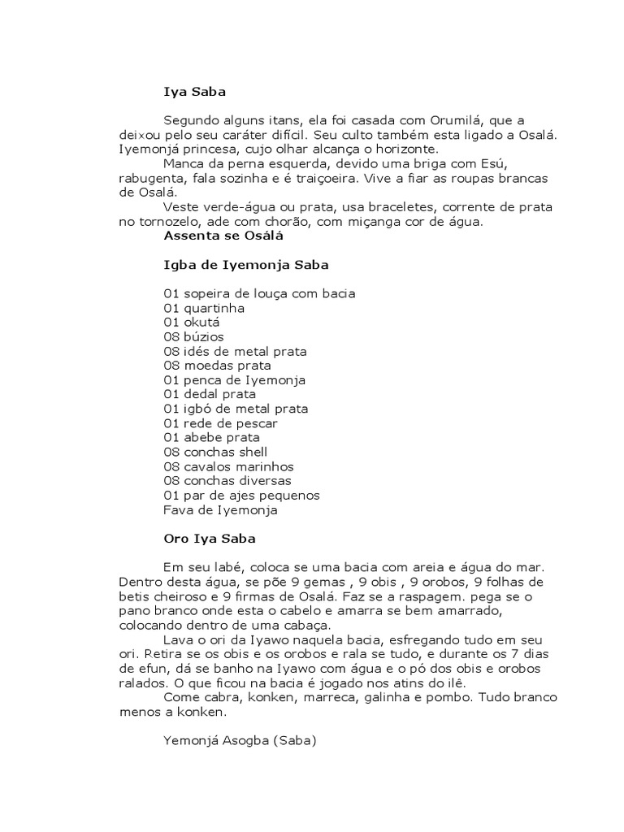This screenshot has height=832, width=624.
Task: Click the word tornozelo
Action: coord(157,222)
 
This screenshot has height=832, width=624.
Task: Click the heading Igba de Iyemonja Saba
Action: coord(245,265)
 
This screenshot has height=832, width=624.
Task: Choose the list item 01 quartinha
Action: coord(204,308)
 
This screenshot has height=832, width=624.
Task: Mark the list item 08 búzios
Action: coord(193,336)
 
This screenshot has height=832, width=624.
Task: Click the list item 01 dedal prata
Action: coord(210,394)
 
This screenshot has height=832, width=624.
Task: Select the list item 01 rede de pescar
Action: coord(220,423)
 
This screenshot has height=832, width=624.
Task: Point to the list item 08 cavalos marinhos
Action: coord(228,466)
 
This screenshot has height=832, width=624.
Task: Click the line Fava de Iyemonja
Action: coord(220,510)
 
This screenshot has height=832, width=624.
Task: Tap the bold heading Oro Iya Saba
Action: coord(210,539)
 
